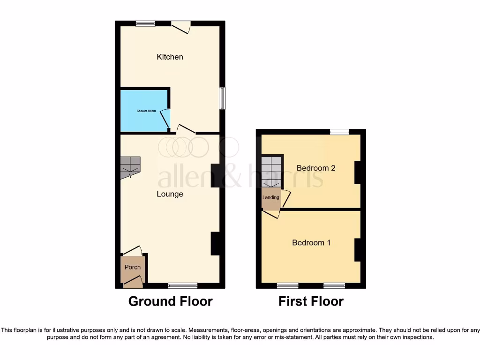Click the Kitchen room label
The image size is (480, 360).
coord(170,57)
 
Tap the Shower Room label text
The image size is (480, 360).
coord(146,111)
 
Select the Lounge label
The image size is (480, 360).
coord(170,194)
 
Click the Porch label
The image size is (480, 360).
coord(133,267)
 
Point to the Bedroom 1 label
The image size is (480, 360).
coord(311,243)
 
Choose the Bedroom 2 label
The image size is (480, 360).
coord(316,168)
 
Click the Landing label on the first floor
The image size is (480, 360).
coord(270,197)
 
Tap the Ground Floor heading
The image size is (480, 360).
coord(170,301)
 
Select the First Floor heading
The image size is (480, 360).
coord(311,301)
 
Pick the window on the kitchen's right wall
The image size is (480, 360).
coord(222,98)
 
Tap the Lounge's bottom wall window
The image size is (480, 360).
coord(183,285)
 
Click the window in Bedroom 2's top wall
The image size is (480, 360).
coord(339,132)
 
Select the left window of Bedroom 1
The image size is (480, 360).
coord(287,285)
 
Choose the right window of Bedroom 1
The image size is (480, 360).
coord(334,285)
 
